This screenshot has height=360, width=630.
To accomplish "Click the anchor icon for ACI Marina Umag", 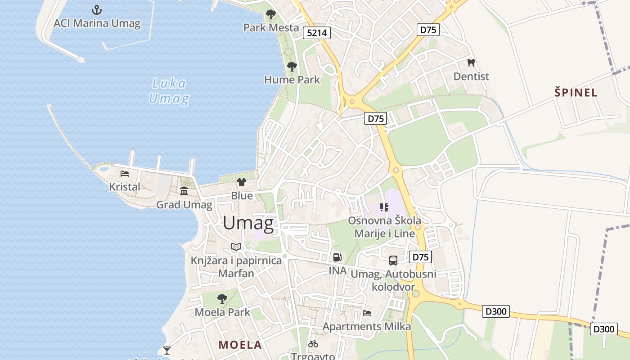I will point(97,10).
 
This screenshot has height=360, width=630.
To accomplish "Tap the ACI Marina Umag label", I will point(97,23).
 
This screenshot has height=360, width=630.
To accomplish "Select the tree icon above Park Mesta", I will point(270,14).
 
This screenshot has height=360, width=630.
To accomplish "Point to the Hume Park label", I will point(292,80).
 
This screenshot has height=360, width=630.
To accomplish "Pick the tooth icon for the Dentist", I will point(471,63).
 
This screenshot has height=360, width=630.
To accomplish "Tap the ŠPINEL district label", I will point(576,93).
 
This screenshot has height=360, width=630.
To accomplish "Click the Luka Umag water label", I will point(169,91).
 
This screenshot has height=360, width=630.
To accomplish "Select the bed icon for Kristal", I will point(125,173).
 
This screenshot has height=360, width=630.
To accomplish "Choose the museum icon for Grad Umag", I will point(184,191).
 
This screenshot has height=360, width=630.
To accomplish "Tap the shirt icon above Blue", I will point(242,182).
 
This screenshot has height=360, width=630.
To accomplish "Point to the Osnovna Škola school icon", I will point(384,207).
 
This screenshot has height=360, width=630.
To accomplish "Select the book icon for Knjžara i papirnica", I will point(236,247).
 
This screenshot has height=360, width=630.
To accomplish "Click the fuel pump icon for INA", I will point(337,257).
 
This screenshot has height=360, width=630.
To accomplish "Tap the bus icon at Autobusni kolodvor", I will point(393,260).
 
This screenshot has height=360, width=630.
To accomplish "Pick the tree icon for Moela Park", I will point(222,298).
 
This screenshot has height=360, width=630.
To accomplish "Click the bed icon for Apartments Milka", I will point(367,313).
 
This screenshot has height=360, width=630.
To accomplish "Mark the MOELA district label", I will point(240,345).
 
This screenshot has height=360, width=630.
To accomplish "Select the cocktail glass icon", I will point(167,350).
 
